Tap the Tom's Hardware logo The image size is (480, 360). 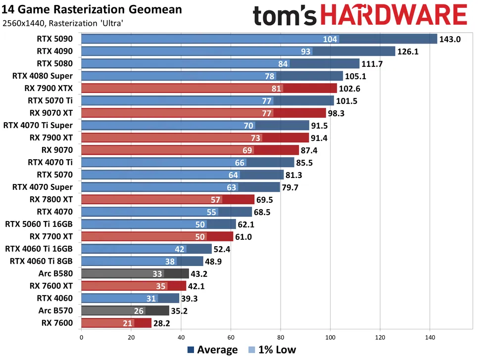point(360,16)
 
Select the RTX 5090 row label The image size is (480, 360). point(55,39)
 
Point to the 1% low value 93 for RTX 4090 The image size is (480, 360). point(306,51)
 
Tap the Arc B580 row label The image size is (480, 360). point(55,273)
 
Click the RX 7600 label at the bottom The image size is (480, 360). point(57,323)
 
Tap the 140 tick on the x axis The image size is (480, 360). point(430,338)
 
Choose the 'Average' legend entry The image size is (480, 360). point(213,350)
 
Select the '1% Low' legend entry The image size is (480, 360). point(272,350)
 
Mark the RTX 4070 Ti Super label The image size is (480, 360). point(38,126)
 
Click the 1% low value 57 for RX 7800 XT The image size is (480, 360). point(216,200)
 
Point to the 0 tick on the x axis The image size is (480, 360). point(81,338)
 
